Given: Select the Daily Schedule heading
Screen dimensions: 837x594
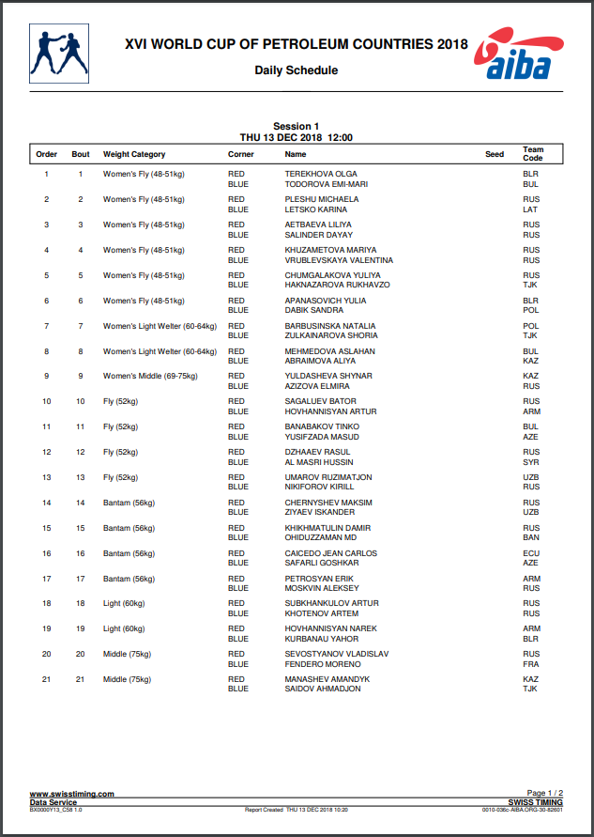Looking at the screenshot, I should pos(296,70).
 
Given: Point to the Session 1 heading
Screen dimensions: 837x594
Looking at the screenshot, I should pos(296,126).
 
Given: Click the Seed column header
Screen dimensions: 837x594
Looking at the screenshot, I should pos(495,154).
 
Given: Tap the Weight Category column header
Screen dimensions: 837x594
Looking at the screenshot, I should pos(134,154).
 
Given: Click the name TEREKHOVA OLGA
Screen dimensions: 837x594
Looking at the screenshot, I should pos(321,175).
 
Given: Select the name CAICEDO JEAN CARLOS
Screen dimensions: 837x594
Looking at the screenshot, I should pos(332,553).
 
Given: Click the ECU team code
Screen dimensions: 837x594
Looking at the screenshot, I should pos(531,553).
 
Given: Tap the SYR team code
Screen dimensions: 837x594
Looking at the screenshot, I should pos(531,462).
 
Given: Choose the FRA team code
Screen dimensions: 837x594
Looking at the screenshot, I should pos(531,664).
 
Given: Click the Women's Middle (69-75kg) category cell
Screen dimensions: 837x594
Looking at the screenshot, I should pos(150,376).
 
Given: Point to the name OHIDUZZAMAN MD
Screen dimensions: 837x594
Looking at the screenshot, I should pos(322,537).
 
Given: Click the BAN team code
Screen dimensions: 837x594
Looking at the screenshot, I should pos(531,537).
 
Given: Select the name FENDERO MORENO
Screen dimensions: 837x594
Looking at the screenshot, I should pos(323,664).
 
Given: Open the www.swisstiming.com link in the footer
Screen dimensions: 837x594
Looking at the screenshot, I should pos(72,794).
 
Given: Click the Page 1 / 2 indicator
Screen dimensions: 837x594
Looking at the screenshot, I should pos(545,794).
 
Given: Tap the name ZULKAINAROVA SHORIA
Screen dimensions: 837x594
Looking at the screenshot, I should pos(331,335).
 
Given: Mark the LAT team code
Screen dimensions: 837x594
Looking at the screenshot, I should pos(531,209).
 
